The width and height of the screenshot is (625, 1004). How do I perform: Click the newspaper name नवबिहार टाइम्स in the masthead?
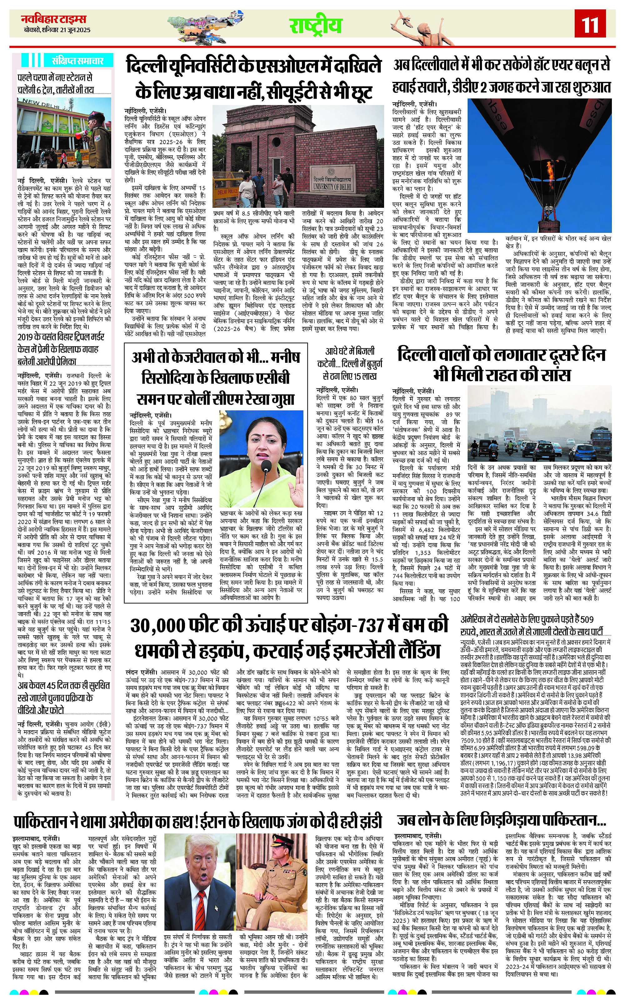[54, 19]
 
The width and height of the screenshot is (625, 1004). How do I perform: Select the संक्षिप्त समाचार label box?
[75, 61]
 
